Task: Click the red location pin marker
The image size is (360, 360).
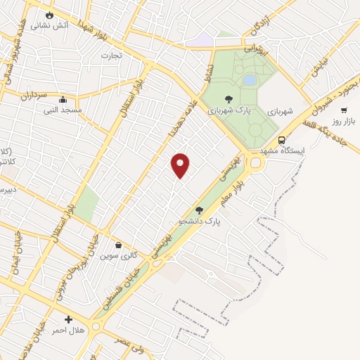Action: [181, 165]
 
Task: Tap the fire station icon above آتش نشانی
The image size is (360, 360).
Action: [49, 15]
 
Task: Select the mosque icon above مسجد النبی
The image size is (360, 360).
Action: [63, 99]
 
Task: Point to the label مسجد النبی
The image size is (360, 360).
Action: [63, 110]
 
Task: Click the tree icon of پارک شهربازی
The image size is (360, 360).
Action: [228, 99]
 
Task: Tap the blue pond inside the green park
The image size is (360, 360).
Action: [250, 80]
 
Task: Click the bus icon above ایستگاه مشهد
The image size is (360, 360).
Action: [281, 140]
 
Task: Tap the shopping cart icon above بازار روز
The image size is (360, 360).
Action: [344, 110]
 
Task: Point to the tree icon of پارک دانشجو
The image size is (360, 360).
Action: [200, 210]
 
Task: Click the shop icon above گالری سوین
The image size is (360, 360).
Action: [117, 245]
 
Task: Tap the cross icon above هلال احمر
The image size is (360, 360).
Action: [68, 320]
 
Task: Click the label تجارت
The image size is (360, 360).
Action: [111, 55]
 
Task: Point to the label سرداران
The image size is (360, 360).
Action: [32, 94]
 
